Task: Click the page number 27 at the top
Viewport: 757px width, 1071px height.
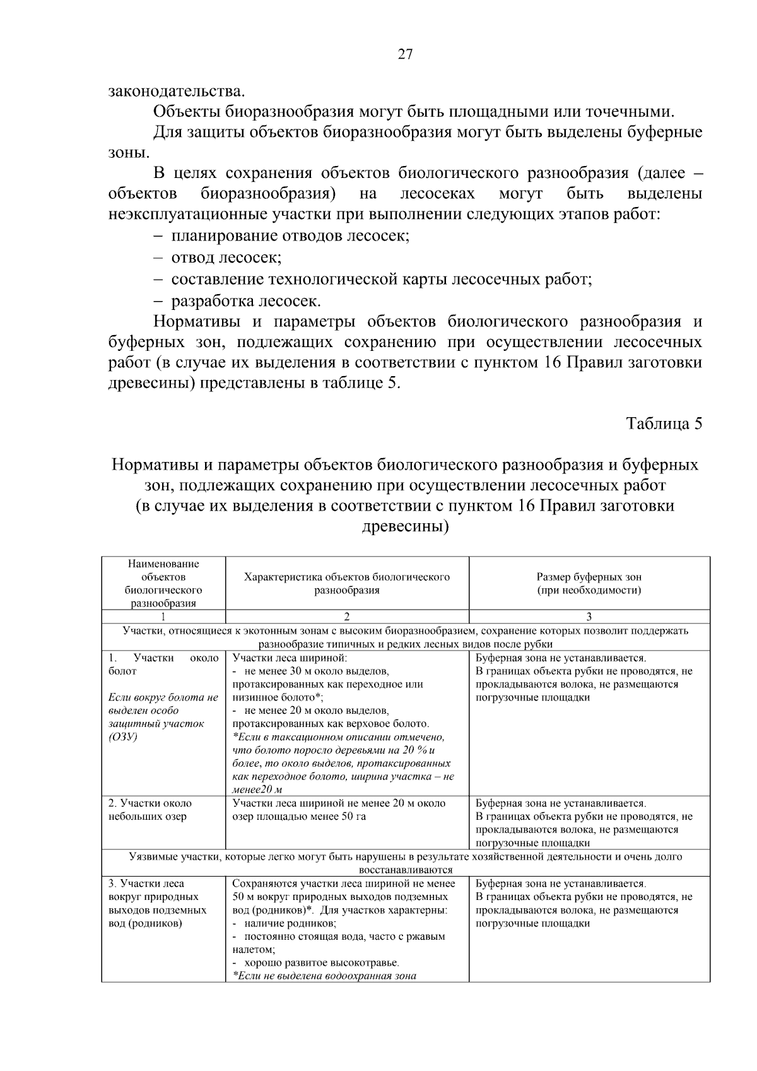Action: pyautogui.click(x=405, y=54)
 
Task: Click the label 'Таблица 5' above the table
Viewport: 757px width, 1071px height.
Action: pyautogui.click(x=664, y=423)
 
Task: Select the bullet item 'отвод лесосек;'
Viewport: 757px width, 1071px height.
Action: pyautogui.click(x=226, y=257)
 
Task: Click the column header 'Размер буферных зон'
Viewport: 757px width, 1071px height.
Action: pyautogui.click(x=589, y=577)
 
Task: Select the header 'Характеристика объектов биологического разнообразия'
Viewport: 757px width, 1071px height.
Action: pyautogui.click(x=347, y=584)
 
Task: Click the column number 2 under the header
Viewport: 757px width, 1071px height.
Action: pyautogui.click(x=347, y=617)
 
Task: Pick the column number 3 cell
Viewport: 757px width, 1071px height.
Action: pyautogui.click(x=589, y=617)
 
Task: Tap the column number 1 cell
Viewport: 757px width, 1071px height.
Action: pyautogui.click(x=163, y=617)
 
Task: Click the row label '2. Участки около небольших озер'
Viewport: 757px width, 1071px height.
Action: pyautogui.click(x=150, y=810)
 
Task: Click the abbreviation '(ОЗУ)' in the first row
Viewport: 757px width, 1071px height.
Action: pyautogui.click(x=123, y=737)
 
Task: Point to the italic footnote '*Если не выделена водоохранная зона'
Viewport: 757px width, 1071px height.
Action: pyautogui.click(x=324, y=976)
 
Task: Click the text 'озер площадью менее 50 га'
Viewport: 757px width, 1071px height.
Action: pyautogui.click(x=299, y=817)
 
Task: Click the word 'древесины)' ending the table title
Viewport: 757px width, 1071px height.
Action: pyautogui.click(x=405, y=526)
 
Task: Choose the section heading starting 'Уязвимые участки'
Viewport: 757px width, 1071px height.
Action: pyautogui.click(x=405, y=856)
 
